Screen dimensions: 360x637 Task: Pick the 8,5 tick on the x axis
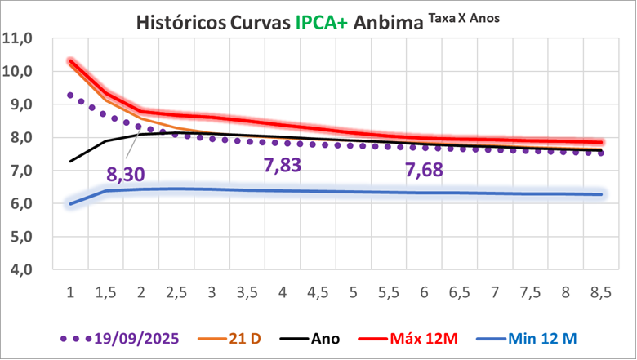601,291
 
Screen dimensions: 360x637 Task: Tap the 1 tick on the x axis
70,291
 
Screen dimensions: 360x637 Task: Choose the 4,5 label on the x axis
318,291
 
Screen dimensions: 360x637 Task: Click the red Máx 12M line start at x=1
71,61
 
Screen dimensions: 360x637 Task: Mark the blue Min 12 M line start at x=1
71,203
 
